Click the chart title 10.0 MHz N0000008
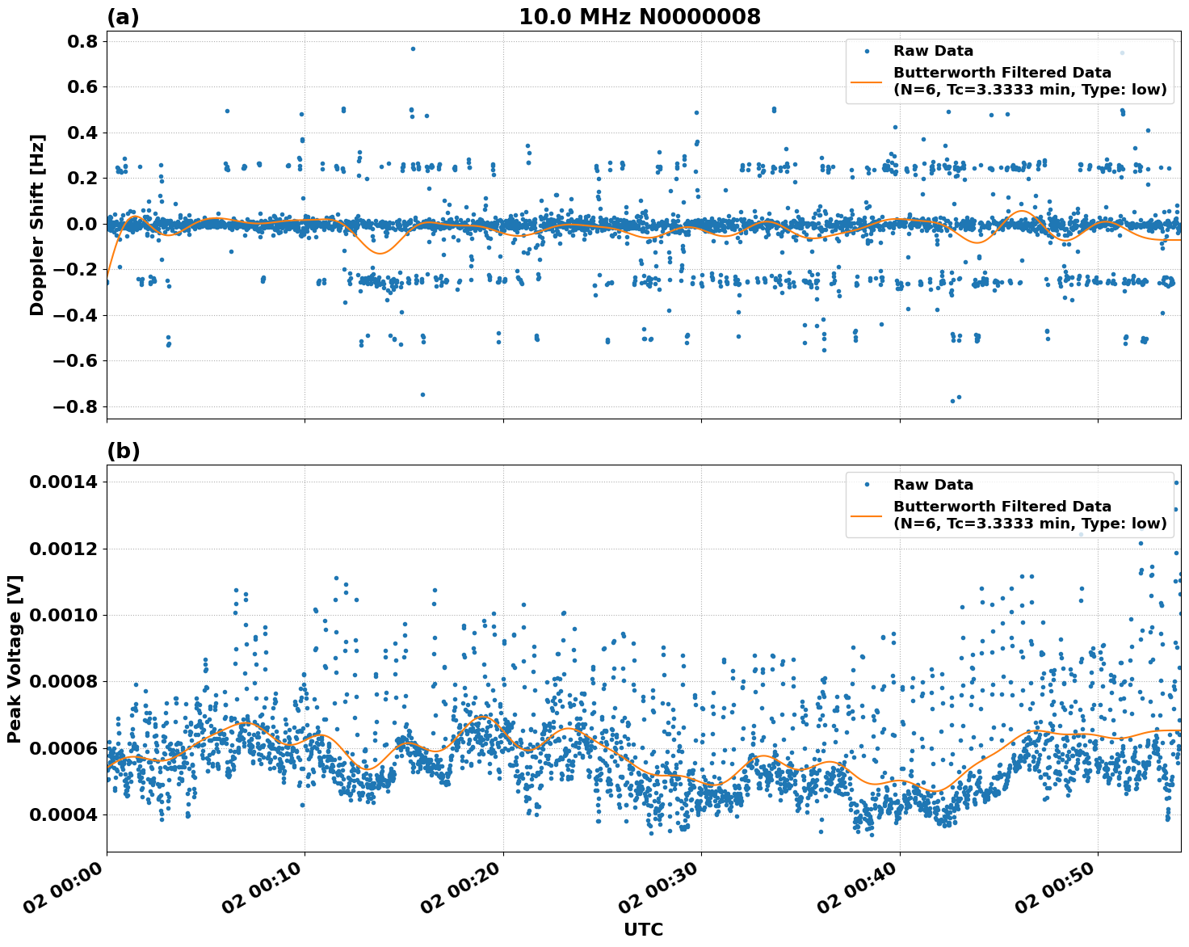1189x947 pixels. tap(639, 17)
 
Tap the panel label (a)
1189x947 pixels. tap(123, 17)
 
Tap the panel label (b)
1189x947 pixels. tap(123, 451)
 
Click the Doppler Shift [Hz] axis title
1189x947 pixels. tap(37, 225)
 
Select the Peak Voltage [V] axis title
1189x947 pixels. tap(15, 659)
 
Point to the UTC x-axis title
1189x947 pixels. tap(643, 929)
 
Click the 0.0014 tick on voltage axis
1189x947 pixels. tap(63, 482)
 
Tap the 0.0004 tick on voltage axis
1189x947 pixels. tap(63, 814)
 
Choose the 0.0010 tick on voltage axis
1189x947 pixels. tap(63, 615)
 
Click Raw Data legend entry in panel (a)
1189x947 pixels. tap(933, 51)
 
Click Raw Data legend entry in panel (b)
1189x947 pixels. tap(933, 485)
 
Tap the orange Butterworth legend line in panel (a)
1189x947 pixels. tap(867, 81)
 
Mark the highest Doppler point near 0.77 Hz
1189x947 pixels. tap(413, 48)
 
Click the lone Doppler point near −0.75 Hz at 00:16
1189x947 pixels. tap(422, 394)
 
